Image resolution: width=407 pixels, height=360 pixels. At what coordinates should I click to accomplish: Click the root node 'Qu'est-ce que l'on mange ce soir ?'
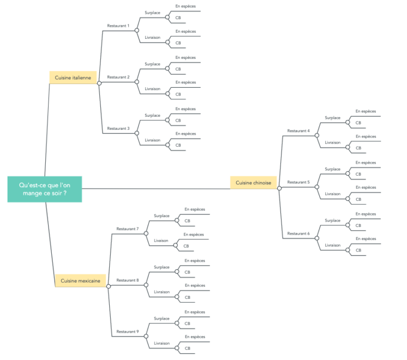[45, 189]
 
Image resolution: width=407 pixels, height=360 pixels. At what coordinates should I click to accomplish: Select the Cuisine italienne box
[73, 77]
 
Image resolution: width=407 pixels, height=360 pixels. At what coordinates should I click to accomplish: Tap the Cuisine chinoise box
[253, 183]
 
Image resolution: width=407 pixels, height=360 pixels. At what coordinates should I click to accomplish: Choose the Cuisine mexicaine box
[80, 281]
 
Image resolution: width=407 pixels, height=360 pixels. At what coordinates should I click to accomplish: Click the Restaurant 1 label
[118, 26]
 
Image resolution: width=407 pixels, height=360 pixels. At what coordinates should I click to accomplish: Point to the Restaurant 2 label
[118, 77]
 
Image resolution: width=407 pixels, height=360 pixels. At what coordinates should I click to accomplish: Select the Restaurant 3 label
[118, 129]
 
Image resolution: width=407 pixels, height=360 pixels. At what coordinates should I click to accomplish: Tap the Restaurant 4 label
[298, 131]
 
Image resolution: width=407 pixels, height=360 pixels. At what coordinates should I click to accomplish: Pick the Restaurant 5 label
[298, 182]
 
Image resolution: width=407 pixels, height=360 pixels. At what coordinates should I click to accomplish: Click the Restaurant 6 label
[298, 233]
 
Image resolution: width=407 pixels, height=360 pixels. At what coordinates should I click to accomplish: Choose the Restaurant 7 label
[128, 229]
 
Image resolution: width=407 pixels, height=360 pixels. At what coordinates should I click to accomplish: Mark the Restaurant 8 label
[128, 280]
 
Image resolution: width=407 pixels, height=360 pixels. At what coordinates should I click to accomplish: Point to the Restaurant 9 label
[128, 332]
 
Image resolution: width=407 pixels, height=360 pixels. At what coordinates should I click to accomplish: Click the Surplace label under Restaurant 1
[152, 13]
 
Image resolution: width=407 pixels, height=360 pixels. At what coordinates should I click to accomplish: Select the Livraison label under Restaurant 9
[162, 343]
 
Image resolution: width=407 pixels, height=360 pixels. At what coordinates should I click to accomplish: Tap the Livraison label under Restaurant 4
[333, 142]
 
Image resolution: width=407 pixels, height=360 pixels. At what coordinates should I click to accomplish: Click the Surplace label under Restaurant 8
[161, 267]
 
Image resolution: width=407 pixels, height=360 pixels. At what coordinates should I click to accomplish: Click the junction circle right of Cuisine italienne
[99, 83]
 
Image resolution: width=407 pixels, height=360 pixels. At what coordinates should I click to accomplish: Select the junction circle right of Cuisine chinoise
[279, 188]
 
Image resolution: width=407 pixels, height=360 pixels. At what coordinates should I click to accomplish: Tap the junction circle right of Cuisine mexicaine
[109, 286]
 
